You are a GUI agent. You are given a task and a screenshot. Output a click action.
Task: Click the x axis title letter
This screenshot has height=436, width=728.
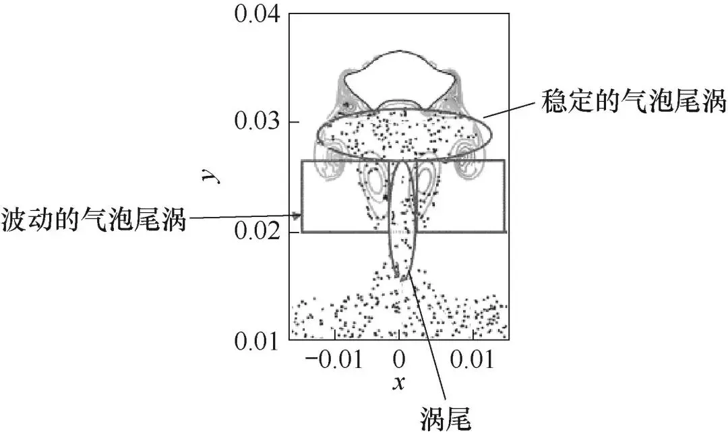[399, 384]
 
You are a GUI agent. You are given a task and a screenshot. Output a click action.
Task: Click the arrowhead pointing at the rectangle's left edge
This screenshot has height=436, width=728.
[297, 216]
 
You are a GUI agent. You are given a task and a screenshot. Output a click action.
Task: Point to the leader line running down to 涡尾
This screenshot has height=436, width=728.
[428, 344]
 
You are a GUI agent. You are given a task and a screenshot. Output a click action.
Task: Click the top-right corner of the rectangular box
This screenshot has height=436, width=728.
[504, 160]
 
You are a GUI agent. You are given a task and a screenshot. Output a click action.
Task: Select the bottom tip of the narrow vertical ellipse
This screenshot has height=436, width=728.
[402, 277]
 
